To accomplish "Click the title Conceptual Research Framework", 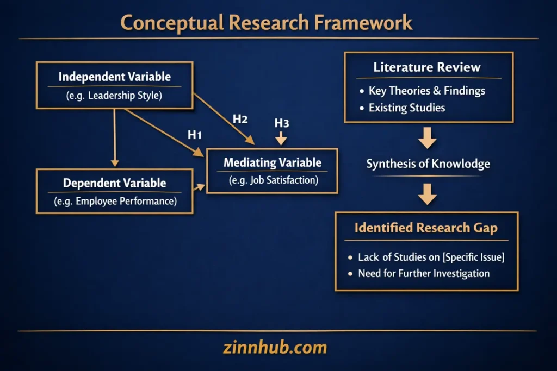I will pyautogui.click(x=266, y=23).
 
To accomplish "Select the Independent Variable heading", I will pyautogui.click(x=114, y=77).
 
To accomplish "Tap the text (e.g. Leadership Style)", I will pyautogui.click(x=114, y=96).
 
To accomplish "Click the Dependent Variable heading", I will pyautogui.click(x=114, y=183).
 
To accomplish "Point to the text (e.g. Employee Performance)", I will pyautogui.click(x=114, y=202).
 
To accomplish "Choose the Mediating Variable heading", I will pyautogui.click(x=272, y=162).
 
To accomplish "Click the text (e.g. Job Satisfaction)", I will pyautogui.click(x=272, y=180).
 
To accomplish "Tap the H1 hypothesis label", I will pyautogui.click(x=195, y=135).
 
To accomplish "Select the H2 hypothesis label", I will pyautogui.click(x=240, y=120).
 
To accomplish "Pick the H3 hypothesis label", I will pyautogui.click(x=281, y=123).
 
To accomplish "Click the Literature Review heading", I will pyautogui.click(x=427, y=67).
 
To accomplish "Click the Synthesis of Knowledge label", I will pyautogui.click(x=428, y=164).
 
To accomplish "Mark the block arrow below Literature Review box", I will pyautogui.click(x=428, y=138).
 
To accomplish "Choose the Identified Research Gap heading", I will pyautogui.click(x=426, y=228).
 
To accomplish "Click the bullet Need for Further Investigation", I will pyautogui.click(x=423, y=273).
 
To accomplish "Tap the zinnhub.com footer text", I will pyautogui.click(x=275, y=347).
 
